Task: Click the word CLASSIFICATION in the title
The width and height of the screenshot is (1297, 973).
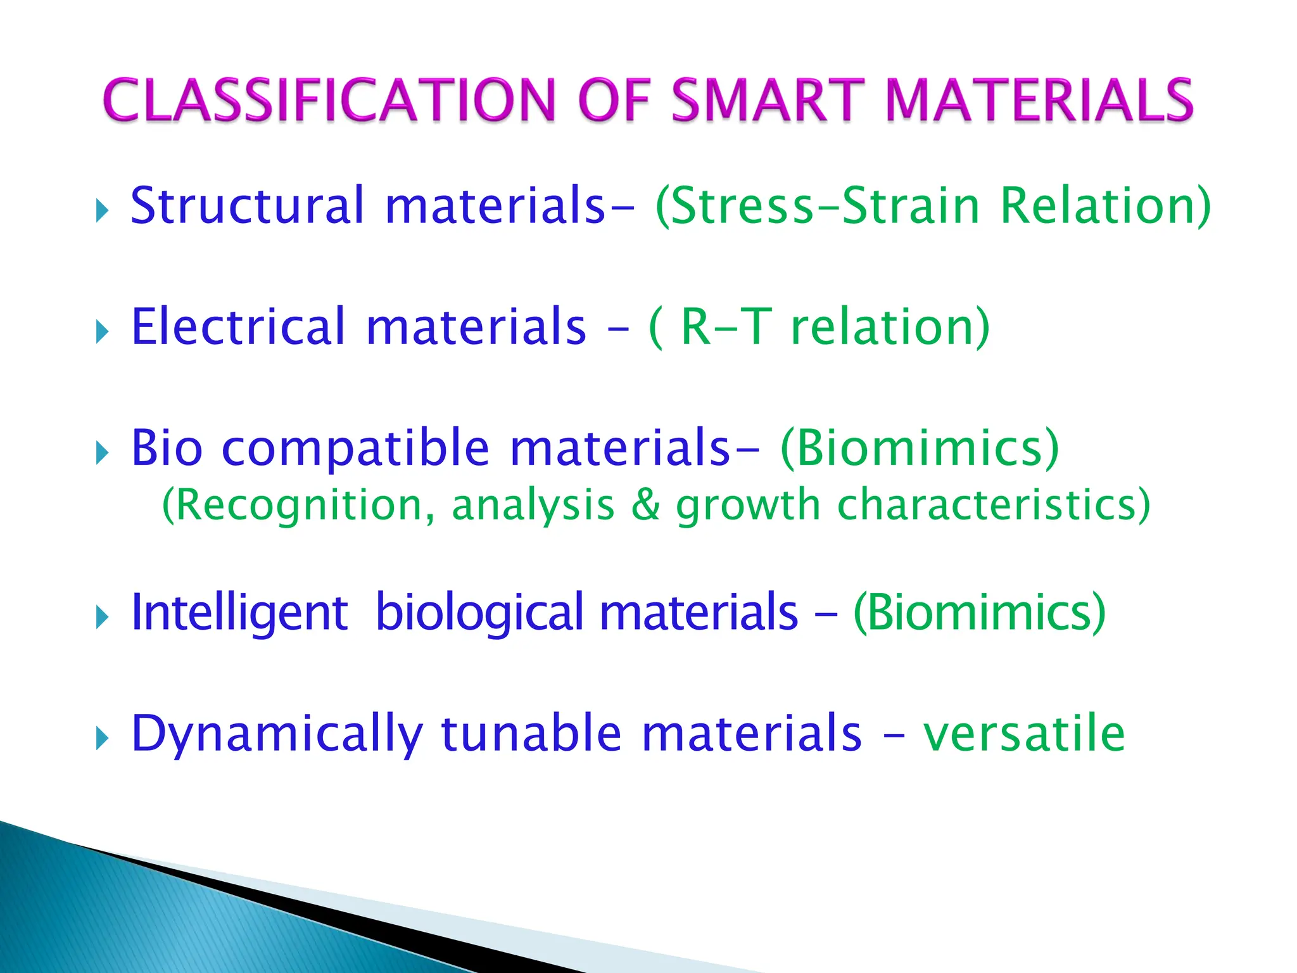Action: [x=329, y=100]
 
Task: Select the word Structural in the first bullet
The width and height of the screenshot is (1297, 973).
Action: [x=248, y=206]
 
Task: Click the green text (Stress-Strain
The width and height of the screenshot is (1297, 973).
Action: [x=818, y=206]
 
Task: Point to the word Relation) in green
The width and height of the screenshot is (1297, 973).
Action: [x=1105, y=206]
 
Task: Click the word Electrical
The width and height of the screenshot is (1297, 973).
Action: [x=238, y=327]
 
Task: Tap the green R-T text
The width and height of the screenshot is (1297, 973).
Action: [x=726, y=327]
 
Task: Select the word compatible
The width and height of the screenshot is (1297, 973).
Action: [x=355, y=448]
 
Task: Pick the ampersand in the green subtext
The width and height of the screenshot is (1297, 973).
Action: [x=645, y=506]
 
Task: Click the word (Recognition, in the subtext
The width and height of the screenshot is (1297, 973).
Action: [x=298, y=506]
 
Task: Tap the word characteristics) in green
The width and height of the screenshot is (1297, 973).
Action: [x=994, y=506]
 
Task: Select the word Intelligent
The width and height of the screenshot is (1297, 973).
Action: [x=239, y=613]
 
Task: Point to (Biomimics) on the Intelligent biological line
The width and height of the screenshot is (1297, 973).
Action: [x=979, y=613]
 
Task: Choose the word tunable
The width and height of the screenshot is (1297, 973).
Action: [x=531, y=734]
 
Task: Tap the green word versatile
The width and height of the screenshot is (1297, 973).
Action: [x=1023, y=734]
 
